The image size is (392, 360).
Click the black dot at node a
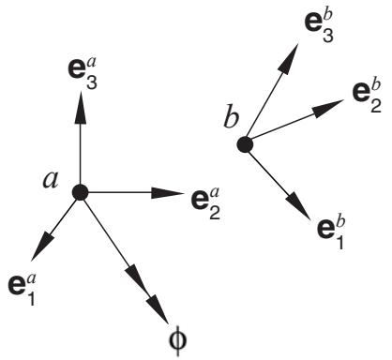point(80,192)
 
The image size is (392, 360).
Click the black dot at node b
point(245,144)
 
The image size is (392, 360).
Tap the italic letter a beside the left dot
point(51,180)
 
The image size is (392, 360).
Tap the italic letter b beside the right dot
point(232,118)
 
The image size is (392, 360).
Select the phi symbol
point(178,340)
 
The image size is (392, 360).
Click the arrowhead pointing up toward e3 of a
point(81,107)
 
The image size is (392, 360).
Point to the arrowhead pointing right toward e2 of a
point(167,193)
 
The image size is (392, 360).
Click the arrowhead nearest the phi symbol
point(158,307)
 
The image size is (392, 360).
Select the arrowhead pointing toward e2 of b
point(328,108)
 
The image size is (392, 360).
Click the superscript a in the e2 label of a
point(215,193)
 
